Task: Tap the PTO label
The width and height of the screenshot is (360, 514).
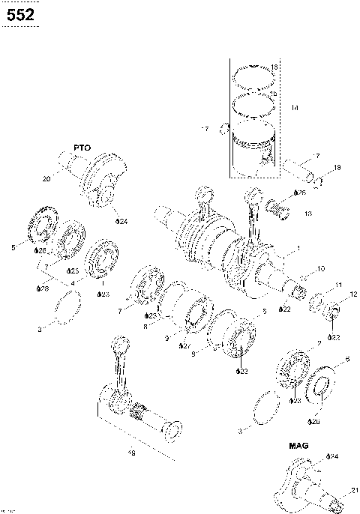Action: [x=82, y=148]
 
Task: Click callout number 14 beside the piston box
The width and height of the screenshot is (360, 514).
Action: [x=295, y=109]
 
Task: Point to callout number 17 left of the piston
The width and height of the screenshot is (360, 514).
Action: [x=204, y=130]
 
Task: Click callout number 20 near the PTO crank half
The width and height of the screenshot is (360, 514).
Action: [x=46, y=179]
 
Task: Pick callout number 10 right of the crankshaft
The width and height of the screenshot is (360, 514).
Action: [x=321, y=268]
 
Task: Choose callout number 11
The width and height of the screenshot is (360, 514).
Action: [x=338, y=285]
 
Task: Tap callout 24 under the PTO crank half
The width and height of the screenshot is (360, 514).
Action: [x=121, y=222]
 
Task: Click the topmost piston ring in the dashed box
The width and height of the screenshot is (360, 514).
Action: [x=253, y=75]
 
